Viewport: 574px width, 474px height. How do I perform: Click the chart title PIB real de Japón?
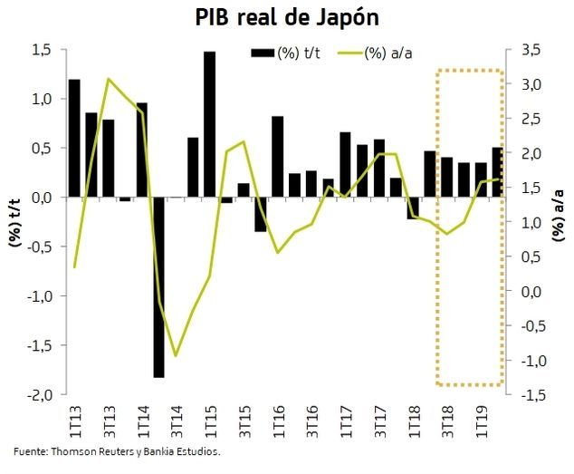tap(287, 18)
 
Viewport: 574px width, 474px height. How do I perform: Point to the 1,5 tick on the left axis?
tap(42, 50)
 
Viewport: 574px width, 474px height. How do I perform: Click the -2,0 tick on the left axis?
tap(39, 395)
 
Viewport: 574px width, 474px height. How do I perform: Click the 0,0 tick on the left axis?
tap(42, 198)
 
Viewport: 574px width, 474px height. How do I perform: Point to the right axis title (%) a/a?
tap(559, 223)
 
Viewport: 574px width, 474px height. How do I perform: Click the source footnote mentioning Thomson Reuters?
tap(117, 450)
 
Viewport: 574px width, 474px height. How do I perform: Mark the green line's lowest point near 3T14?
tap(176, 356)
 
